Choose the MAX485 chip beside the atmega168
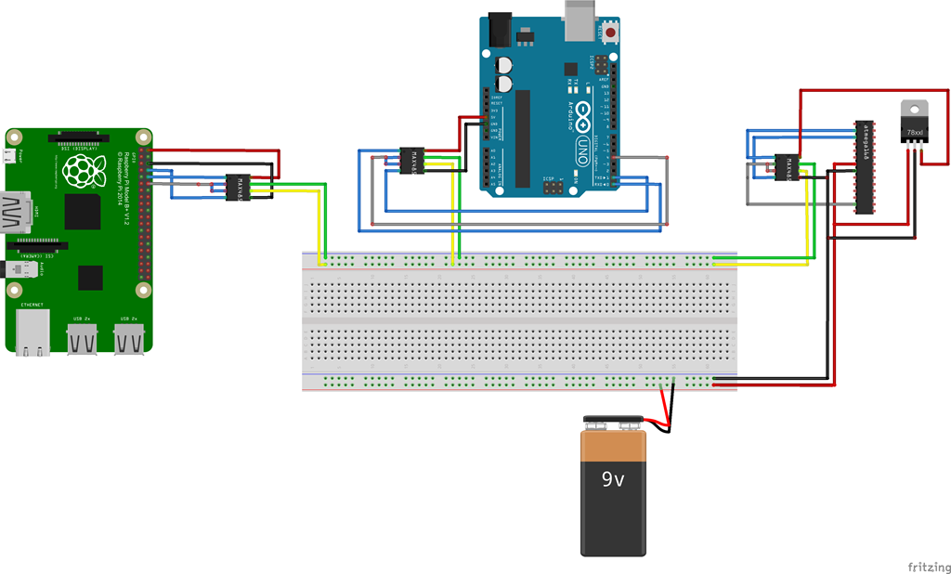coord(788,167)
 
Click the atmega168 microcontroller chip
coord(864,167)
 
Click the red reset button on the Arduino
coord(611,33)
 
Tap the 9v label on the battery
coord(613,480)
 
